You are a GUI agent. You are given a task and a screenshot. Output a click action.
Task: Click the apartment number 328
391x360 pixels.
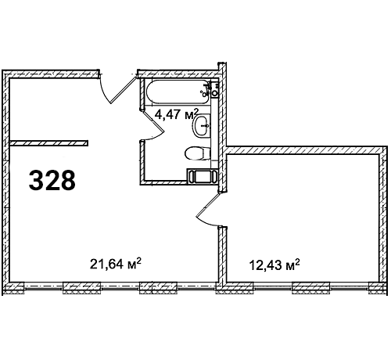[52, 180]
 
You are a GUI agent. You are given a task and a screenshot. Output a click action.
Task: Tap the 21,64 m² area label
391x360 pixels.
[116, 264]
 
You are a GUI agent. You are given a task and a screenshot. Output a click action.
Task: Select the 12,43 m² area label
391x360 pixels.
[274, 265]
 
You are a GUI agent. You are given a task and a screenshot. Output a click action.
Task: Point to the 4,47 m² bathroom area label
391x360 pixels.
[177, 114]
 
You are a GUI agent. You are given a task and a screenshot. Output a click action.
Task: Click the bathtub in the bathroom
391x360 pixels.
[178, 92]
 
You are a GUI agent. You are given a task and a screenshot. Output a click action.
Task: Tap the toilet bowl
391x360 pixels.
[197, 153]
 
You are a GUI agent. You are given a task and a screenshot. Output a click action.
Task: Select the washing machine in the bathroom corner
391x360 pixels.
[202, 176]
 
